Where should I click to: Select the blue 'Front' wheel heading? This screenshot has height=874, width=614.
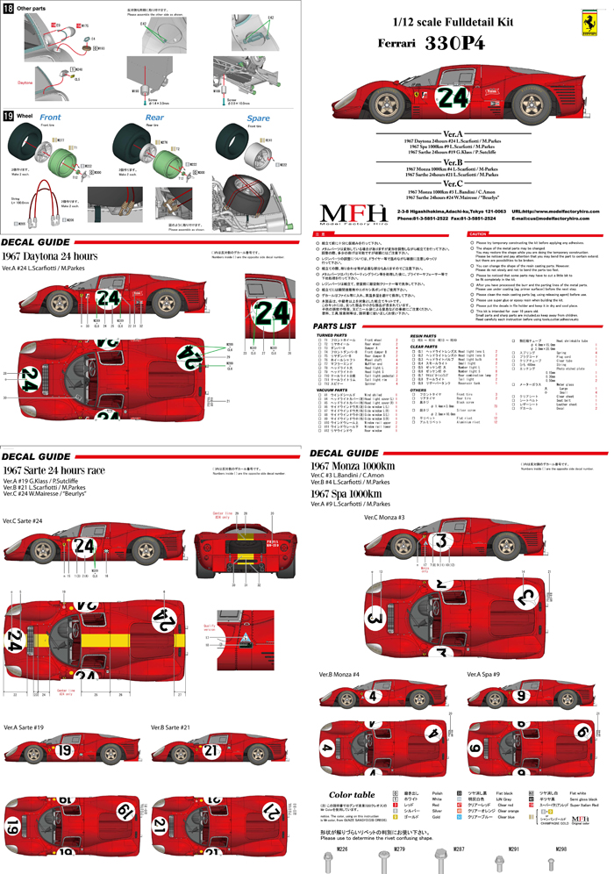(50, 117)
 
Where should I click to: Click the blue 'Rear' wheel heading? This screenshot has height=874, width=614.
(154, 117)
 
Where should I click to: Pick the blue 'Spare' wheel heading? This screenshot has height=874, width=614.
(259, 117)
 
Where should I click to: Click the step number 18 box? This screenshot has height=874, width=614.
(8, 8)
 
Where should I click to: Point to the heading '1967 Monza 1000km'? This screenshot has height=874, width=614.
(354, 465)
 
